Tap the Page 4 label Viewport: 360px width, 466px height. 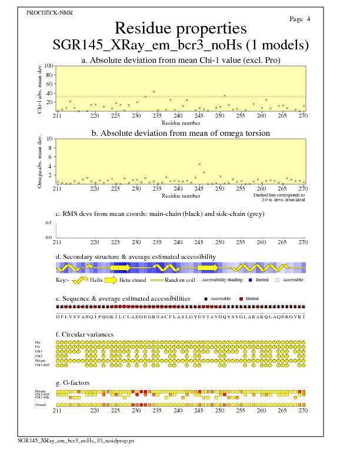click(300, 19)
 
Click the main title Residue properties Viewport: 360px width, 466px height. click(181, 28)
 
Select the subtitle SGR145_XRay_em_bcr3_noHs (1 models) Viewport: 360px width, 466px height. click(181, 45)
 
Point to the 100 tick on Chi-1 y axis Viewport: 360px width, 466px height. click(49, 66)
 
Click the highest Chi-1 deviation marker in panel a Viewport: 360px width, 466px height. click(154, 91)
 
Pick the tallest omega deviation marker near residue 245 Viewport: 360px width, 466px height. click(199, 164)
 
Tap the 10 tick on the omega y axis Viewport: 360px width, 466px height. click(51, 139)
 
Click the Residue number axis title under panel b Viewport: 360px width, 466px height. click(181, 195)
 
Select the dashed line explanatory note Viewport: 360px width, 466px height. click(279, 197)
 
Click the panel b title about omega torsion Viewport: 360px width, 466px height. click(181, 134)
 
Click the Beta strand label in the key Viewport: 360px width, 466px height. click(133, 280)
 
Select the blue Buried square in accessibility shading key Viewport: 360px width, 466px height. click(251, 280)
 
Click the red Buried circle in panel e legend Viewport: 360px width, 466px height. click(241, 299)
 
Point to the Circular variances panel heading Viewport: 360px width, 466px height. click(84, 334)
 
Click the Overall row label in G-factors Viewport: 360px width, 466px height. click(41, 405)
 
